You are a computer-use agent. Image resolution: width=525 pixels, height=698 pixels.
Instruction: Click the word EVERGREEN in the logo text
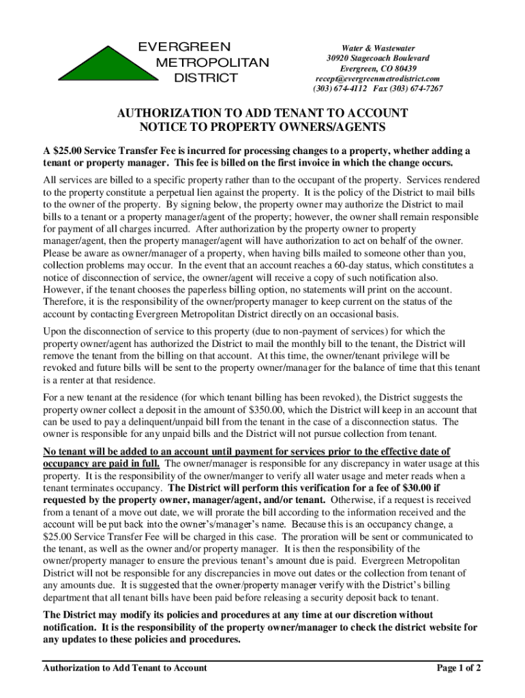(x=185, y=48)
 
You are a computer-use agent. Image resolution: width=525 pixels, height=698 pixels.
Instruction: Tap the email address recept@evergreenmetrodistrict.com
(x=376, y=79)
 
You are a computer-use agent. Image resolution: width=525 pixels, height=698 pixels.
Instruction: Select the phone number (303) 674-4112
(x=340, y=89)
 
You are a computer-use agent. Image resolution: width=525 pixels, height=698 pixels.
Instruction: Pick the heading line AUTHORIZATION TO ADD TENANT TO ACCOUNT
(x=263, y=112)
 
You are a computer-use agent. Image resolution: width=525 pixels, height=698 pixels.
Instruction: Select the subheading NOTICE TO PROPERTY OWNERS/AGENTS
(x=263, y=127)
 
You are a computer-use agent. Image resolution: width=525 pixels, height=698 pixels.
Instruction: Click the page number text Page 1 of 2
(x=459, y=668)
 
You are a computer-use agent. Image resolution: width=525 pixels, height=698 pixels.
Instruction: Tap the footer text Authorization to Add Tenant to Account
(x=125, y=668)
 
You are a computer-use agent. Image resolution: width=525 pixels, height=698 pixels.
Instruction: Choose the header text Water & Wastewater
(x=377, y=48)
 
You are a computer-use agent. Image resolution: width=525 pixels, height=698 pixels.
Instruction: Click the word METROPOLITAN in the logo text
(x=213, y=63)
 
